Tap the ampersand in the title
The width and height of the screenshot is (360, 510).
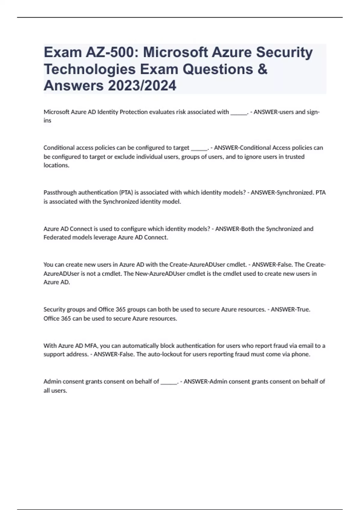coord(262,69)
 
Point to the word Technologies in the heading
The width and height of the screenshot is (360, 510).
coord(90,69)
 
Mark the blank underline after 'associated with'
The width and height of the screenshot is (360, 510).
coord(238,113)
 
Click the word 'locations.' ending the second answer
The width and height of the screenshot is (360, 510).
coord(56,165)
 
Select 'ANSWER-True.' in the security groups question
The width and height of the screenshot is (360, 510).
coord(290,309)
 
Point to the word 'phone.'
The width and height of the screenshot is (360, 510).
coord(301,354)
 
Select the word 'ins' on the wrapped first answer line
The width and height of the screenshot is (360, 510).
coord(47,121)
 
